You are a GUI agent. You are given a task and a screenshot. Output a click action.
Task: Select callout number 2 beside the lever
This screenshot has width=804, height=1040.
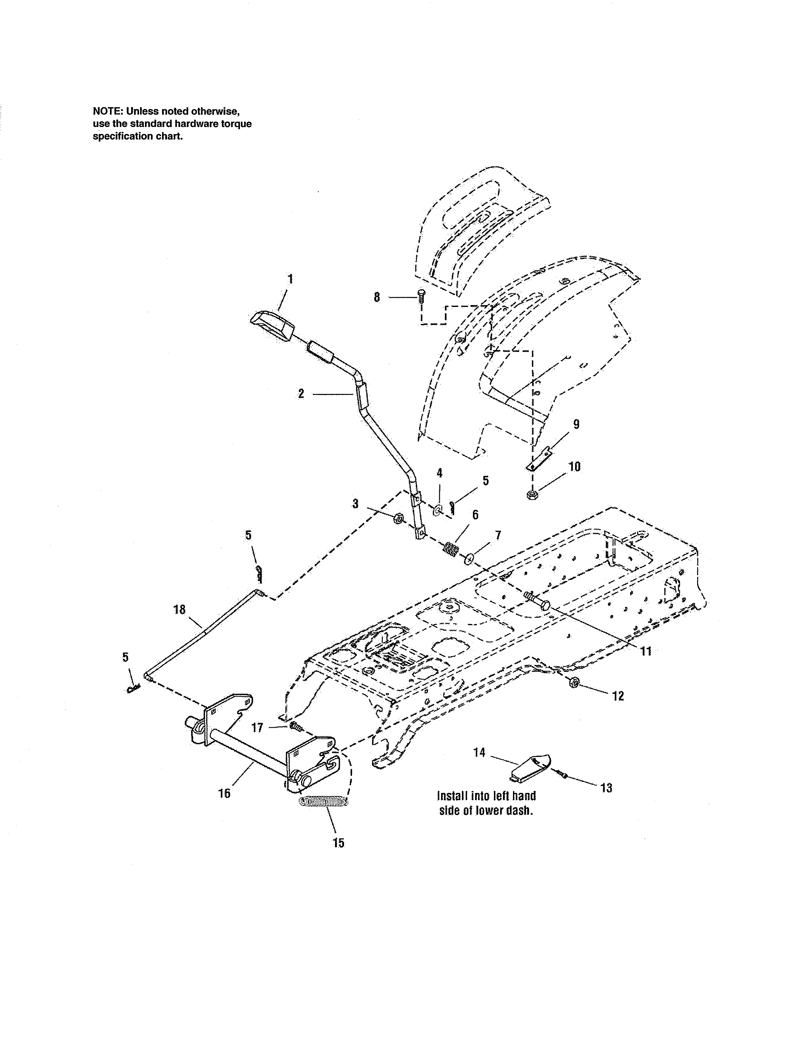pos(301,394)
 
